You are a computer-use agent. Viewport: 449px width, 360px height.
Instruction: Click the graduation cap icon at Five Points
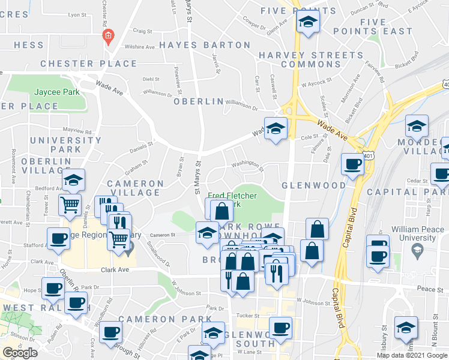tap(309, 23)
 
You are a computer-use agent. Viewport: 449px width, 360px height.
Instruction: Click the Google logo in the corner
tap(20, 353)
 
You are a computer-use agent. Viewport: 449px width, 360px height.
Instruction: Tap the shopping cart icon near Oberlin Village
tap(70, 205)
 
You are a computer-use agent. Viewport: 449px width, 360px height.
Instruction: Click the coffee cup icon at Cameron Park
tap(110, 331)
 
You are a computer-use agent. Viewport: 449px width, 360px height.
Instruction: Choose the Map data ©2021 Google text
tap(411, 355)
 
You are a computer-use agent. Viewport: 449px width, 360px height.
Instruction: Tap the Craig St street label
tap(143, 31)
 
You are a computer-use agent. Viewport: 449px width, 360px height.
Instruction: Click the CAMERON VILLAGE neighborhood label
tap(135, 188)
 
